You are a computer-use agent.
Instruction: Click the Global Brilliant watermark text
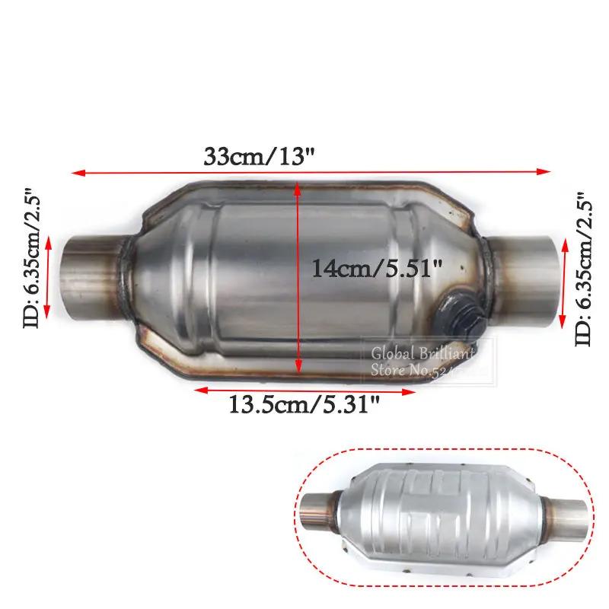[422, 354]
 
